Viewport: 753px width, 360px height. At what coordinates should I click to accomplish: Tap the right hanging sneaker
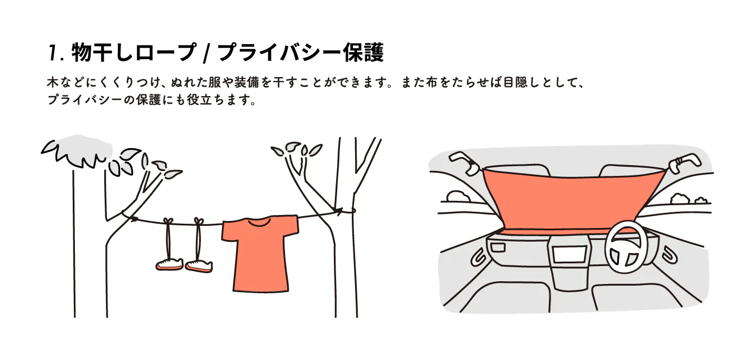(199, 266)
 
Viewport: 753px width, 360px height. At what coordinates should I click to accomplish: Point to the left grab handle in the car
(463, 163)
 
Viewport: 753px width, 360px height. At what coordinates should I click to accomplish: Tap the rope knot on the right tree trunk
(339, 211)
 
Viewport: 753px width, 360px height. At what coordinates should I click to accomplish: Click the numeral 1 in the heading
(53, 53)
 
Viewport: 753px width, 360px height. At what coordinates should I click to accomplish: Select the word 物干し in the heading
(102, 53)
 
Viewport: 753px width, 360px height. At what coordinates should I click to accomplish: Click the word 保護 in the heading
(363, 53)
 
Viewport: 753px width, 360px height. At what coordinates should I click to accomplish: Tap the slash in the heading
(206, 53)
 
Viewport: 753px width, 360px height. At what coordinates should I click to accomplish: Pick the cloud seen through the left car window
(459, 197)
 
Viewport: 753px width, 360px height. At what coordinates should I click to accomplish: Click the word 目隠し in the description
(521, 83)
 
